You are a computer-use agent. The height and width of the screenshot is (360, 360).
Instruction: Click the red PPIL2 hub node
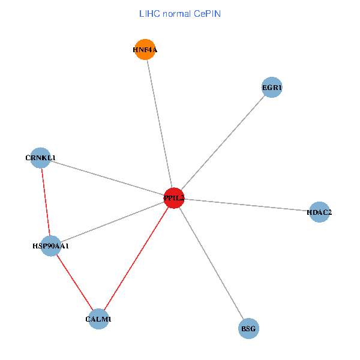[173, 197]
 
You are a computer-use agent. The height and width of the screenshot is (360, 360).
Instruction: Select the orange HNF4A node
[145, 50]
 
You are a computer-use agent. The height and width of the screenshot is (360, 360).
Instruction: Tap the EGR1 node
[272, 88]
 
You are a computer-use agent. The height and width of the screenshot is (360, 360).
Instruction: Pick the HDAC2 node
[319, 212]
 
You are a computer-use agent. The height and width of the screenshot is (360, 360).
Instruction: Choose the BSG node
[248, 329]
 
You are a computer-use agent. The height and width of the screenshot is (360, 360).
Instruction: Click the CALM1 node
[98, 319]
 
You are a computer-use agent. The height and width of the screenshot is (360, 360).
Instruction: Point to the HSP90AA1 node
[51, 245]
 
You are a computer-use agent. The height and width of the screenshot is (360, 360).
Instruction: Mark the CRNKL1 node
[40, 158]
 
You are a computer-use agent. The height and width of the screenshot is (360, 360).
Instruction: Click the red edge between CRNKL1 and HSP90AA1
[46, 202]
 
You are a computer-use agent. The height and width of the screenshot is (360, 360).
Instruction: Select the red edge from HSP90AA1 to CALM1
[74, 282]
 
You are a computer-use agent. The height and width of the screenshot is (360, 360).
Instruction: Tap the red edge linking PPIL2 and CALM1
[136, 258]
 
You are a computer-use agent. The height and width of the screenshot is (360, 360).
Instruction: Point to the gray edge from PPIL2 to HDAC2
[246, 205]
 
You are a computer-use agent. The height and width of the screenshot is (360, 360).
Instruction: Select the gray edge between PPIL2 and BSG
[211, 263]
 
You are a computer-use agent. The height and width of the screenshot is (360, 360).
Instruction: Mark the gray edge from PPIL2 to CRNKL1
[107, 178]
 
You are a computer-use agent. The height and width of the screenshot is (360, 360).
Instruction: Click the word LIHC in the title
[149, 13]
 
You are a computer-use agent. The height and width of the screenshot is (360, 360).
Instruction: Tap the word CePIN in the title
[206, 13]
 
